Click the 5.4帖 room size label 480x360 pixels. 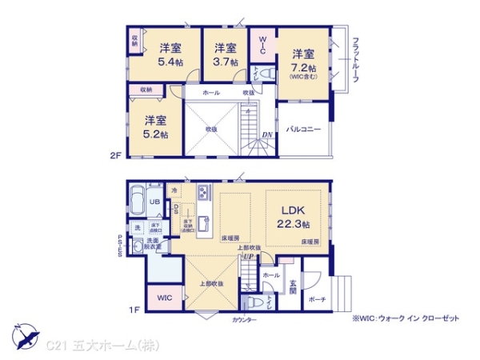(169, 60)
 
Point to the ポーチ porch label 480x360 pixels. (318, 298)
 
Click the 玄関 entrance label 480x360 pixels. (294, 286)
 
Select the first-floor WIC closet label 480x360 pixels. (165, 298)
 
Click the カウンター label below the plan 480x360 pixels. (245, 319)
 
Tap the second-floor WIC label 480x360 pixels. (262, 43)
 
